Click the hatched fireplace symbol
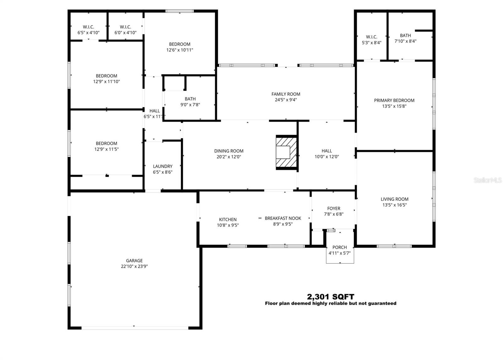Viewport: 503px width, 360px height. pyautogui.click(x=286, y=153)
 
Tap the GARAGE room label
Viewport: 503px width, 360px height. pyautogui.click(x=134, y=261)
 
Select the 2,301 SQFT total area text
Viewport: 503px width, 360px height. pyautogui.click(x=330, y=297)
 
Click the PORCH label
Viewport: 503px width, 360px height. pyautogui.click(x=340, y=247)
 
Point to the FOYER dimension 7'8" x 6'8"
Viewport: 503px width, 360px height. pyautogui.click(x=334, y=214)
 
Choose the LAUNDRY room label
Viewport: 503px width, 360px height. pyautogui.click(x=163, y=166)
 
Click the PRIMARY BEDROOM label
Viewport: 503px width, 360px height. pyautogui.click(x=394, y=100)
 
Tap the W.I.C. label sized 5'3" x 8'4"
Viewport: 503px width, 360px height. pyautogui.click(x=371, y=37)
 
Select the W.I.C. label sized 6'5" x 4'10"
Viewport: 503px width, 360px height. pyautogui.click(x=88, y=27)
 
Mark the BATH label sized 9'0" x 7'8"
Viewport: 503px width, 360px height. pyautogui.click(x=190, y=99)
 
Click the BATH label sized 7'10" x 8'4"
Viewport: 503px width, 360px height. pyautogui.click(x=405, y=36)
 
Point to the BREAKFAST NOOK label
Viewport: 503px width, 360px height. pyautogui.click(x=283, y=218)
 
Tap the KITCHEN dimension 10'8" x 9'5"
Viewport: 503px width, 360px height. pyautogui.click(x=228, y=225)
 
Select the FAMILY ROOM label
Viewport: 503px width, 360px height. pyautogui.click(x=286, y=94)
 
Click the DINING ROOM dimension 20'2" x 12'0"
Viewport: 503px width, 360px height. pyautogui.click(x=229, y=157)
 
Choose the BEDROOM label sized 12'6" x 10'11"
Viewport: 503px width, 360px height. pyautogui.click(x=180, y=44)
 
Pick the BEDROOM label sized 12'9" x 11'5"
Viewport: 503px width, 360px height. pyautogui.click(x=106, y=143)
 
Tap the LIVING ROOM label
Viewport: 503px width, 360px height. pyautogui.click(x=394, y=199)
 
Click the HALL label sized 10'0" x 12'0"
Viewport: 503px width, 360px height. pyautogui.click(x=327, y=151)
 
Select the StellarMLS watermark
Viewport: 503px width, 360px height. pyautogui.click(x=488, y=180)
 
